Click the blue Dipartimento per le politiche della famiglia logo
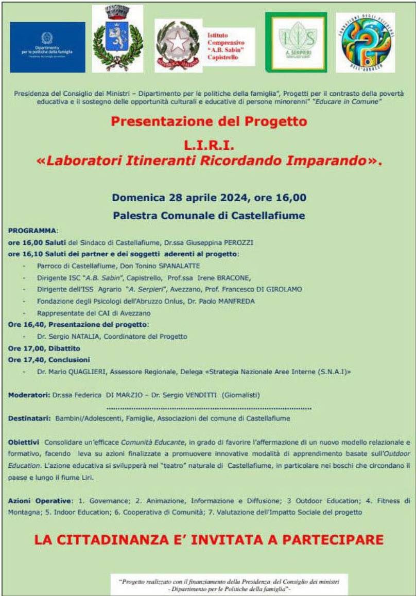47,47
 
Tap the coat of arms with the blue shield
117,39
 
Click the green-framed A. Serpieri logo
296,42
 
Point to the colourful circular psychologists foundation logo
365,42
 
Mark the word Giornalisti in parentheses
240,395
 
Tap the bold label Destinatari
29,418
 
